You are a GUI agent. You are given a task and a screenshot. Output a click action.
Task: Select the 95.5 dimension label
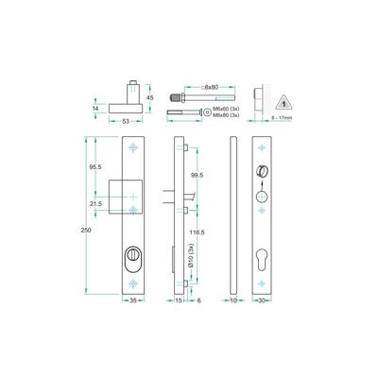[x=94, y=166]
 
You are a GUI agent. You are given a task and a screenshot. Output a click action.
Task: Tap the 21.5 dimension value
[x=94, y=203]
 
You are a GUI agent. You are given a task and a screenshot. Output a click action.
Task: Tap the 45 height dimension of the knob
[x=148, y=94]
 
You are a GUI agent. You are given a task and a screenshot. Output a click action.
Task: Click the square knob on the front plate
[x=126, y=194]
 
